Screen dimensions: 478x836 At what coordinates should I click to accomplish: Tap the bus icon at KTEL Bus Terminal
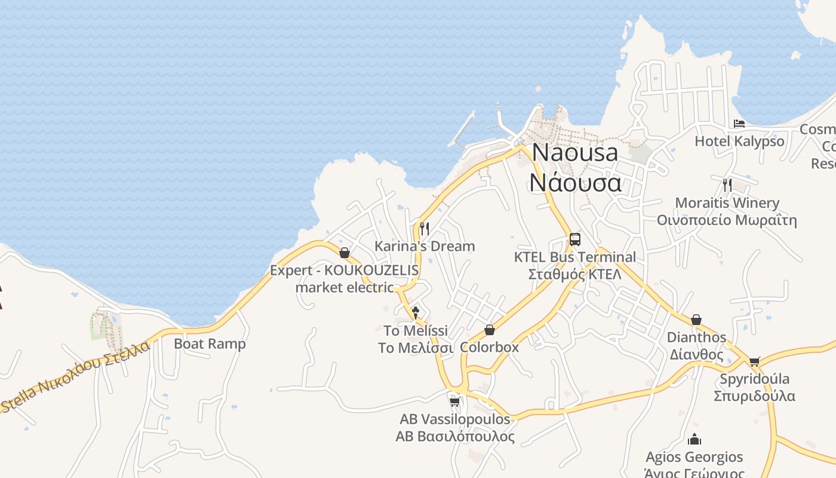click(574, 240)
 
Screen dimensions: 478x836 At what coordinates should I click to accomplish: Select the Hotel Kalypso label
click(739, 142)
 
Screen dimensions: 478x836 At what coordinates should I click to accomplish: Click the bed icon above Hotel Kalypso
click(739, 124)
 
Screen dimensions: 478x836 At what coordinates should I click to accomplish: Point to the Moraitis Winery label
click(727, 203)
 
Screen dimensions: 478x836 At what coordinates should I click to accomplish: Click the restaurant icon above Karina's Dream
click(424, 228)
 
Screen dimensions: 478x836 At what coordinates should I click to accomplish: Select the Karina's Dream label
click(425, 246)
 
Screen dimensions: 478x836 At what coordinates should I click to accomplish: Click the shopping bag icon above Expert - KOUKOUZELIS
click(345, 253)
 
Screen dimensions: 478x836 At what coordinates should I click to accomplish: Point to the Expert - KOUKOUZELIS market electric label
click(345, 278)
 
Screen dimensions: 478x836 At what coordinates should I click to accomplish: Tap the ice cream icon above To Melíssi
click(416, 311)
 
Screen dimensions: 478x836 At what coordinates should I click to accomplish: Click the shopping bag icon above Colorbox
click(490, 330)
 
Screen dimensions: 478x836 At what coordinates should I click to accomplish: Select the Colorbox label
click(490, 347)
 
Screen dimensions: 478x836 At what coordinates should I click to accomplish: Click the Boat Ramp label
click(210, 344)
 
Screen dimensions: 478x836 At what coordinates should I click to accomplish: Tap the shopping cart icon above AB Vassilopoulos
click(454, 402)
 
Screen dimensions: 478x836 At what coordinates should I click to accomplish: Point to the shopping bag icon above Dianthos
click(696, 320)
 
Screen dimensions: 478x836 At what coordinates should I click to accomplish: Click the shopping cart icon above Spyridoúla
click(754, 361)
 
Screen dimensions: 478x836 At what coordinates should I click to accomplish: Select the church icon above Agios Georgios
click(694, 440)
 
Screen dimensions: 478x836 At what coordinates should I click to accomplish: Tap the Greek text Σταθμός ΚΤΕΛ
click(574, 275)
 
